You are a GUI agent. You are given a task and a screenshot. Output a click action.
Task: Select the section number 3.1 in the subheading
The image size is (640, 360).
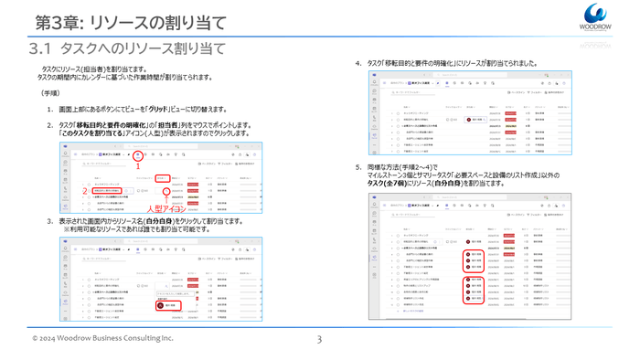point(43,48)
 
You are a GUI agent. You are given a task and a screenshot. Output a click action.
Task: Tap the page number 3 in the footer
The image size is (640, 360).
point(319,340)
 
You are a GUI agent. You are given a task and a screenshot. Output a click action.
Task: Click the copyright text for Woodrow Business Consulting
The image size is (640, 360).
point(102,339)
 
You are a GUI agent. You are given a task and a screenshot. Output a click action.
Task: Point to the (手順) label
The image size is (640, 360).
point(51,93)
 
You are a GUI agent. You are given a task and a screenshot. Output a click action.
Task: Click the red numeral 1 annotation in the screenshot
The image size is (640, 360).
point(137,166)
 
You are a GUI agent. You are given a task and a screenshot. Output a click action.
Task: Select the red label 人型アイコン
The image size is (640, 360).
point(166,209)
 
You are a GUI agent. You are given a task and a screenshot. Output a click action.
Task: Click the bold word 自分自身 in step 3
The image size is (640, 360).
point(171,221)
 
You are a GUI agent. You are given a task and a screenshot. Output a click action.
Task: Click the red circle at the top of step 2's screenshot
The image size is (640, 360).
point(137,154)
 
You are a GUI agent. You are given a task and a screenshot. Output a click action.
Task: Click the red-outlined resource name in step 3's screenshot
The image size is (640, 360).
point(168,305)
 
